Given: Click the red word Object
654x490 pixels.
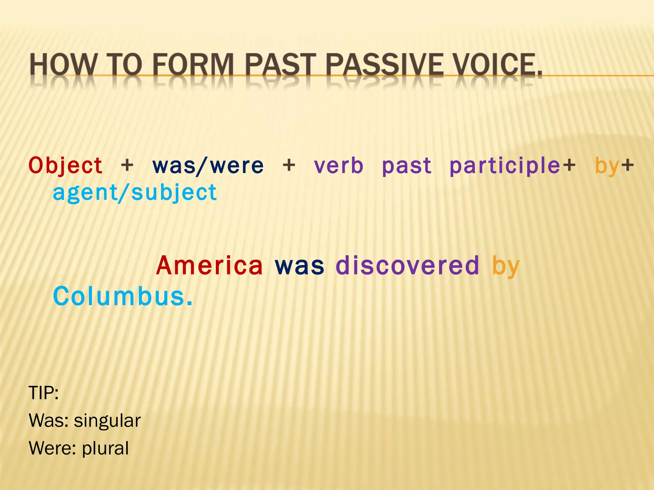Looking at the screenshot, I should [x=65, y=166].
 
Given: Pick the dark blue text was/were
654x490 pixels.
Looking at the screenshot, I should [x=208, y=166].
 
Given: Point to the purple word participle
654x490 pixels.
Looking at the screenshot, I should [x=505, y=166].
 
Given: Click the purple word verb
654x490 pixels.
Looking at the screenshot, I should [x=338, y=166].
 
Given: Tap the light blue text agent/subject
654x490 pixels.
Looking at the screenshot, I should [x=135, y=193].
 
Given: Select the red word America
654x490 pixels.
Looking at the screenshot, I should [x=209, y=265].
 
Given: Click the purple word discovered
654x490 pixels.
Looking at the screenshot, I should [x=407, y=265].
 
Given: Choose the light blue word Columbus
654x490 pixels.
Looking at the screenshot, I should [x=123, y=296].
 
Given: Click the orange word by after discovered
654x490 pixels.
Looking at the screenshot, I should [x=506, y=266].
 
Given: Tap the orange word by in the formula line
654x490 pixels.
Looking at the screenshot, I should [x=607, y=166].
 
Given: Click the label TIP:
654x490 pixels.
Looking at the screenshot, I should [x=44, y=393].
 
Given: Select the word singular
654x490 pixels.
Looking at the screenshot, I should [x=107, y=420].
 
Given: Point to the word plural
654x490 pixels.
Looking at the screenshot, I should [x=105, y=448].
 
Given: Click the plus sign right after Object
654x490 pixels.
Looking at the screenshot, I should [x=127, y=166].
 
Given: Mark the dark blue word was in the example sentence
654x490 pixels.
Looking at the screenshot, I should [x=299, y=265].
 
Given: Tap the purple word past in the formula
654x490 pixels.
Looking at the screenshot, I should [x=407, y=166].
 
